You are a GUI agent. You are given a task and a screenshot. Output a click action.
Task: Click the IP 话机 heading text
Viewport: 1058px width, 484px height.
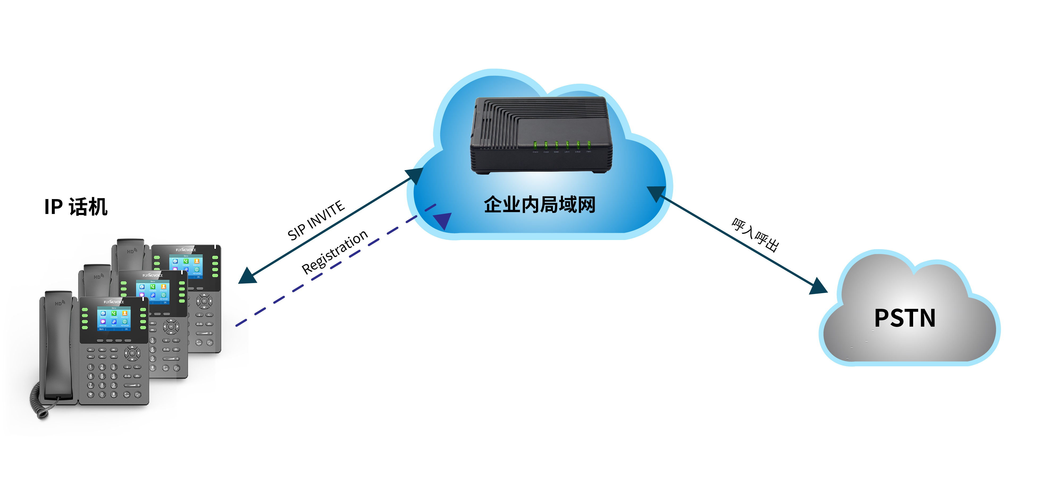tap(76, 207)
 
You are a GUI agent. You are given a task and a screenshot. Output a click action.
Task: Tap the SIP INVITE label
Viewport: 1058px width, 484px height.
tap(316, 220)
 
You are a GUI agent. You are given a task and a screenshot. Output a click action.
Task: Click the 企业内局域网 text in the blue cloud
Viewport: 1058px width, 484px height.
tap(539, 204)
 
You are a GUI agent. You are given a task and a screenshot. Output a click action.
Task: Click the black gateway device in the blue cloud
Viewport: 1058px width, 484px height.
tap(541, 135)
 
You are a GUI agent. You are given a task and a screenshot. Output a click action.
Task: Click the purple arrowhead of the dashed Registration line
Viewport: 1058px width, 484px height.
tap(443, 220)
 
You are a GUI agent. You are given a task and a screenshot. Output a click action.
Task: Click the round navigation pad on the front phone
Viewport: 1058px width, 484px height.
tap(132, 353)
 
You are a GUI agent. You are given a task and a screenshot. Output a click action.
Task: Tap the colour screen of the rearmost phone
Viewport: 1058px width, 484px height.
tap(186, 266)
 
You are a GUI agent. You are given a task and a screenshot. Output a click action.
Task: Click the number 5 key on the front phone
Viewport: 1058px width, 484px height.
tap(102, 376)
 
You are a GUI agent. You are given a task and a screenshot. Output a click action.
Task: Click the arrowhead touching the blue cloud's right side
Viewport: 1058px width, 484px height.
tap(656, 193)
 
